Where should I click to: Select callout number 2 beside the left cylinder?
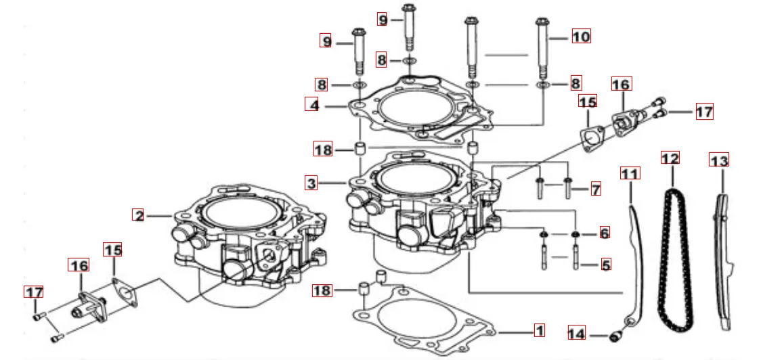139,216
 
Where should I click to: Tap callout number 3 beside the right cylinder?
311,183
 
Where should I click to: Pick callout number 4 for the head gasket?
312,105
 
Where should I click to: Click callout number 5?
605,264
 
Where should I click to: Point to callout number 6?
605,232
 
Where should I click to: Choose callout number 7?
595,189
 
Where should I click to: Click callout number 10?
581,36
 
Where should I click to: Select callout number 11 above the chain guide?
630,173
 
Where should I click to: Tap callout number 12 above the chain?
670,158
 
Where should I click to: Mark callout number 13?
719,161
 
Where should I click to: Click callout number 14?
576,333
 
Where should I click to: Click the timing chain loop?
672,257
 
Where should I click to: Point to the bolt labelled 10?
542,47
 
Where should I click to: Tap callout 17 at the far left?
34,292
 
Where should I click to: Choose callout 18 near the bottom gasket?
322,291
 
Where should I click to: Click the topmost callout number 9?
383,20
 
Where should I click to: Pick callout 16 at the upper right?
621,85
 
